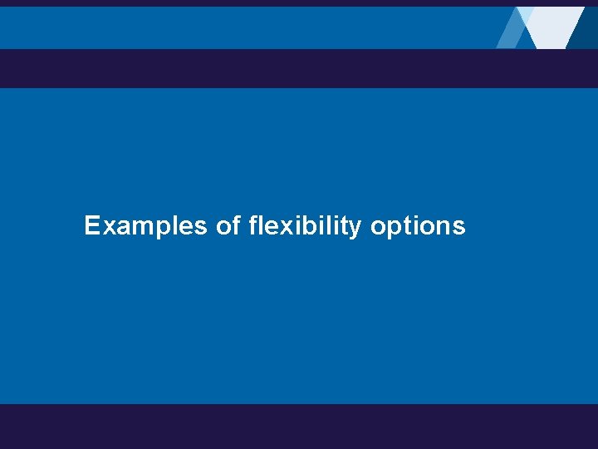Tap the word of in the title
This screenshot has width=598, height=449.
pyautogui.click(x=228, y=226)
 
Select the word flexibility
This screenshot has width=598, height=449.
pyautogui.click(x=305, y=226)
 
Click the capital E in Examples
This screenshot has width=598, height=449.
pyautogui.click(x=91, y=226)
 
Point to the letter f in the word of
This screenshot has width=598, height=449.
pyautogui.click(x=236, y=225)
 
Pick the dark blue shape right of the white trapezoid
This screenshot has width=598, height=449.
pyautogui.click(x=585, y=30)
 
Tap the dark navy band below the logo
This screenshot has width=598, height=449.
pyautogui.click(x=299, y=68)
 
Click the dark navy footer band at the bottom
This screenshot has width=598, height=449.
pyautogui.click(x=299, y=426)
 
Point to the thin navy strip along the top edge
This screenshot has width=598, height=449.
pyautogui.click(x=249, y=3)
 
